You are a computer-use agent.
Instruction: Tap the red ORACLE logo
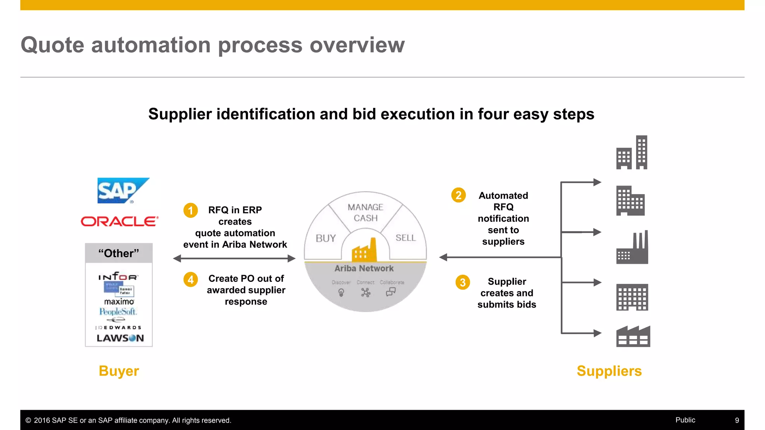120,221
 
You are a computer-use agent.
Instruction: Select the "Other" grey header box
119,253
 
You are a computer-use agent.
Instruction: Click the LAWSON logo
120,338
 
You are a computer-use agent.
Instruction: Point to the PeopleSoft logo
118,311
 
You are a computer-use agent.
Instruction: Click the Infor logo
118,277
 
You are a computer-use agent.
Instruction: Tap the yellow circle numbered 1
191,210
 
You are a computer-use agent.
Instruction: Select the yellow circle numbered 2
458,195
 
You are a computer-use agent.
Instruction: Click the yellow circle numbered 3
462,282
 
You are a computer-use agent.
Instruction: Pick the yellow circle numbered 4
191,279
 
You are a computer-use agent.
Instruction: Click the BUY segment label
325,238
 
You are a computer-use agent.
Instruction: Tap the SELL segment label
405,238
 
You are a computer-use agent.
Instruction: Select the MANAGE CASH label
365,212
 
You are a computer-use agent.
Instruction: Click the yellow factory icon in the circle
364,250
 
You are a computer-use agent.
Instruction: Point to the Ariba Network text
364,268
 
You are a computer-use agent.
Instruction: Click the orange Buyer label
119,371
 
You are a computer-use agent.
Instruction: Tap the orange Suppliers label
609,371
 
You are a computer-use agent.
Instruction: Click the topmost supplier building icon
632,153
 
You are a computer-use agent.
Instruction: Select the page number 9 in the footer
737,420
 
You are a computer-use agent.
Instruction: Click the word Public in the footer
685,420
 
